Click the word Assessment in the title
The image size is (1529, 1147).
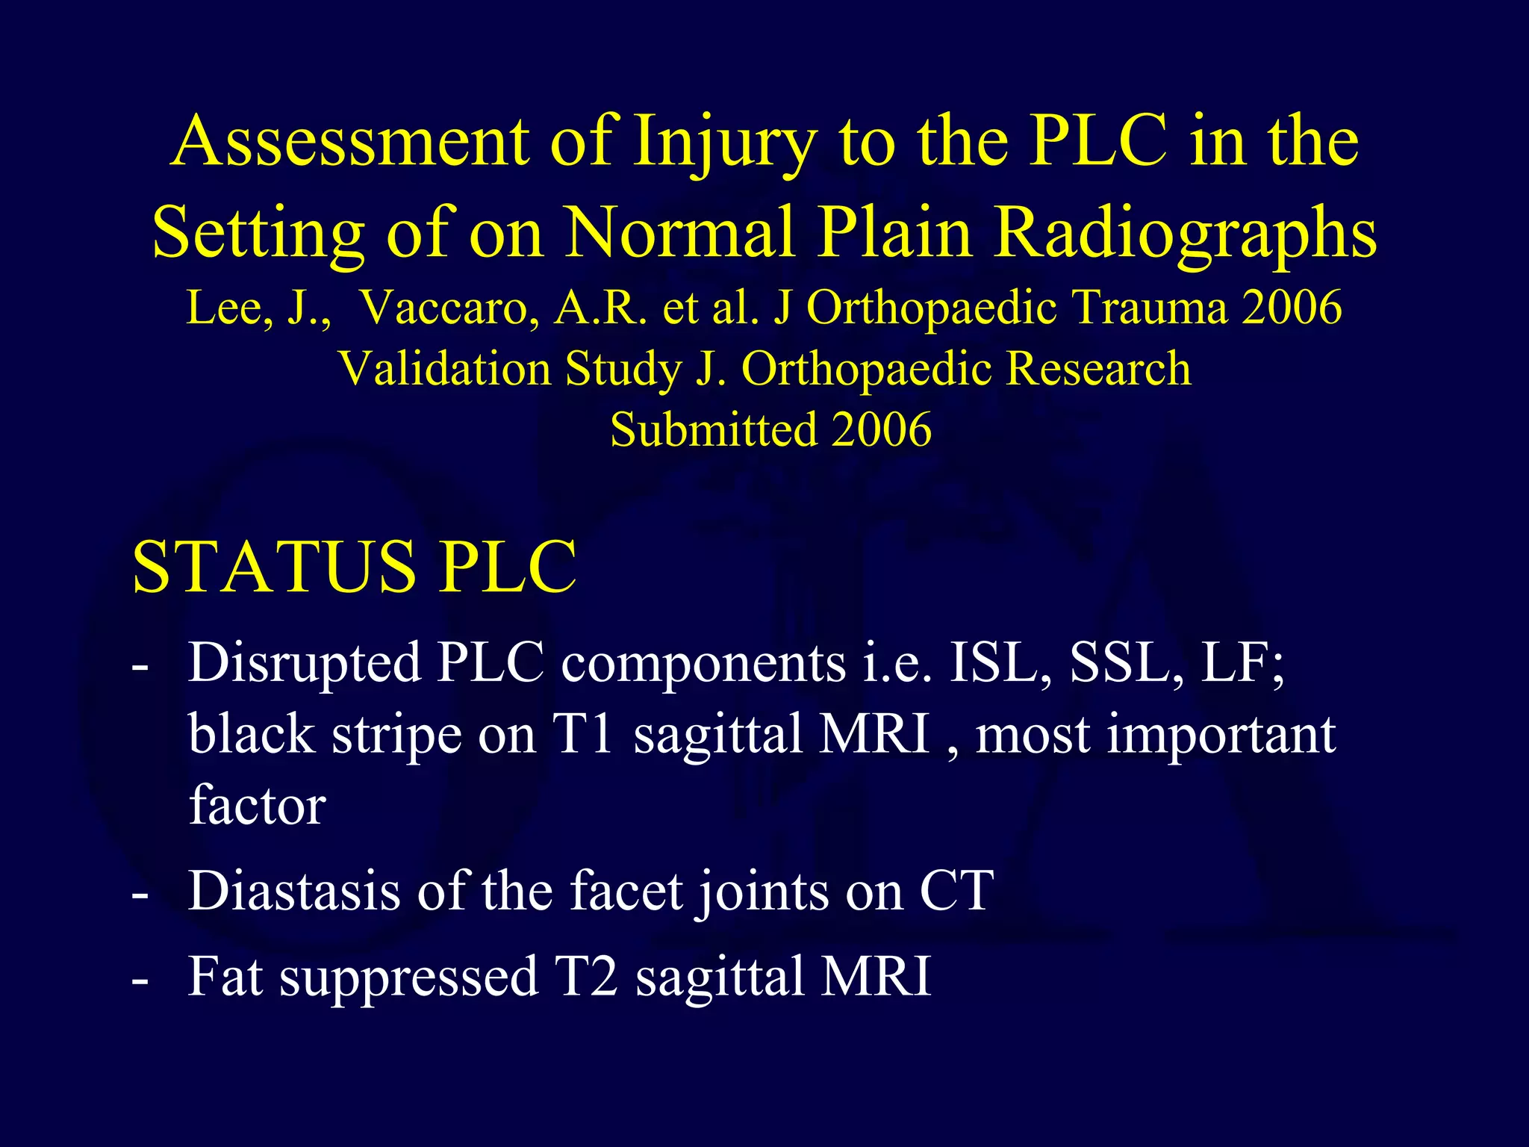click(x=350, y=142)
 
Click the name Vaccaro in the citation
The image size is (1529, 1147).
click(x=448, y=307)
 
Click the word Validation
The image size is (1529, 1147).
click(x=444, y=369)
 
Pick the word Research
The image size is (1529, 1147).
click(x=1097, y=369)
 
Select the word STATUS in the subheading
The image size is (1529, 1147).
click(x=273, y=568)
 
